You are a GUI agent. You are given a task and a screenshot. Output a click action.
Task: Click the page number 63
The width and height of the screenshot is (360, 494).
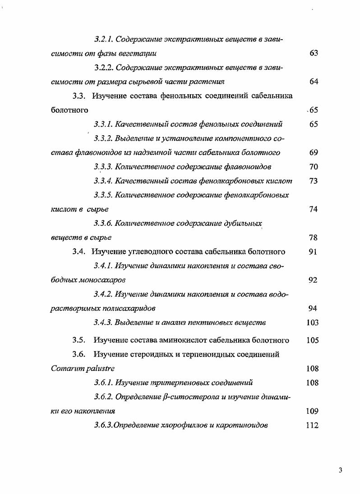[x=314, y=53]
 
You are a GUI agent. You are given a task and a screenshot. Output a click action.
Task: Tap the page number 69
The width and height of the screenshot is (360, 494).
[x=314, y=153]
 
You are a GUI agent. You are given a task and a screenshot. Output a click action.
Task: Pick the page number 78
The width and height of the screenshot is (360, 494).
[x=314, y=238]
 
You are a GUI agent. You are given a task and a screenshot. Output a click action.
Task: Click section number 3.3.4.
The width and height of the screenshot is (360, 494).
[x=103, y=181]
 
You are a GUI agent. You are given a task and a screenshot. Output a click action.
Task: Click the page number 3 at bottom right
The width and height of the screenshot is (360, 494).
[x=341, y=471]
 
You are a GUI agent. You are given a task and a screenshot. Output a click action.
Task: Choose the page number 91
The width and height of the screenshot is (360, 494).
[x=314, y=252]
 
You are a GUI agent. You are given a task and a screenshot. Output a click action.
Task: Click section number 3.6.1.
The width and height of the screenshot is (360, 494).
[x=103, y=383]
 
